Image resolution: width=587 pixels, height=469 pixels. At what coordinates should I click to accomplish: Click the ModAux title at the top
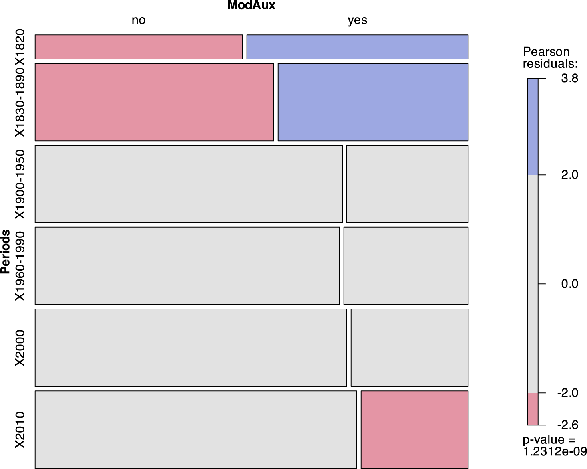(x=251, y=5)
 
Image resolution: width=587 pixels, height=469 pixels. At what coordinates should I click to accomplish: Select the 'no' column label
(x=139, y=20)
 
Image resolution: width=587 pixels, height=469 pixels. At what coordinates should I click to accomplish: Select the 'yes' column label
(x=357, y=20)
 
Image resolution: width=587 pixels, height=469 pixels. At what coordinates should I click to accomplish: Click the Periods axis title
(x=5, y=251)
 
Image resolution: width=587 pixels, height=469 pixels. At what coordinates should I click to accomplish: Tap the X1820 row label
(x=20, y=47)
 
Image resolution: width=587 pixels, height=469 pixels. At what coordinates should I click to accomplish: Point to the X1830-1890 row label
(x=20, y=102)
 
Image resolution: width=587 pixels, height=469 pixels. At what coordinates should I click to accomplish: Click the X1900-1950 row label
(x=20, y=184)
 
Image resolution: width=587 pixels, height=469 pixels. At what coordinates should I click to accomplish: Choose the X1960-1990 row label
(x=20, y=266)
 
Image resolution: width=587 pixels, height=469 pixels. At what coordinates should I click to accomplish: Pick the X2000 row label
(x=20, y=348)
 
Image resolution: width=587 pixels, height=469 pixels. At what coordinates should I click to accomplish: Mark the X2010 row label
(x=20, y=430)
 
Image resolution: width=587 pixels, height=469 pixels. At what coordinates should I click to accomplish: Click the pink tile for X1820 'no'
(x=139, y=47)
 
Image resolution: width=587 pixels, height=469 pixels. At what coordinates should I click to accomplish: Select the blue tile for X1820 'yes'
(x=357, y=47)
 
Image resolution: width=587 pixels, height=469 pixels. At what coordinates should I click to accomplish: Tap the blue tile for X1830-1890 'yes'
(x=373, y=102)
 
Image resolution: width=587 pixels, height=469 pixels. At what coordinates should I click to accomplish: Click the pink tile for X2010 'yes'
(x=414, y=430)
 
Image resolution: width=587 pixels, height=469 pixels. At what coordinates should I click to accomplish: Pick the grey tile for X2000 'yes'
(x=409, y=348)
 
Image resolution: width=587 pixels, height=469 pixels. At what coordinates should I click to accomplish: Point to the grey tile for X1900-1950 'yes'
(x=407, y=184)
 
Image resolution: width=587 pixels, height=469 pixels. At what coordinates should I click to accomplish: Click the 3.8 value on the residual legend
(x=569, y=79)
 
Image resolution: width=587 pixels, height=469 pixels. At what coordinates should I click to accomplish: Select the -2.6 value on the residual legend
(x=567, y=425)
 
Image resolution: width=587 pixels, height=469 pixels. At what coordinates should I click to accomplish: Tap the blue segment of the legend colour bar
(x=533, y=127)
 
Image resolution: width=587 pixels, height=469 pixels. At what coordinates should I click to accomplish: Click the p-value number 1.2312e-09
(x=554, y=451)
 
